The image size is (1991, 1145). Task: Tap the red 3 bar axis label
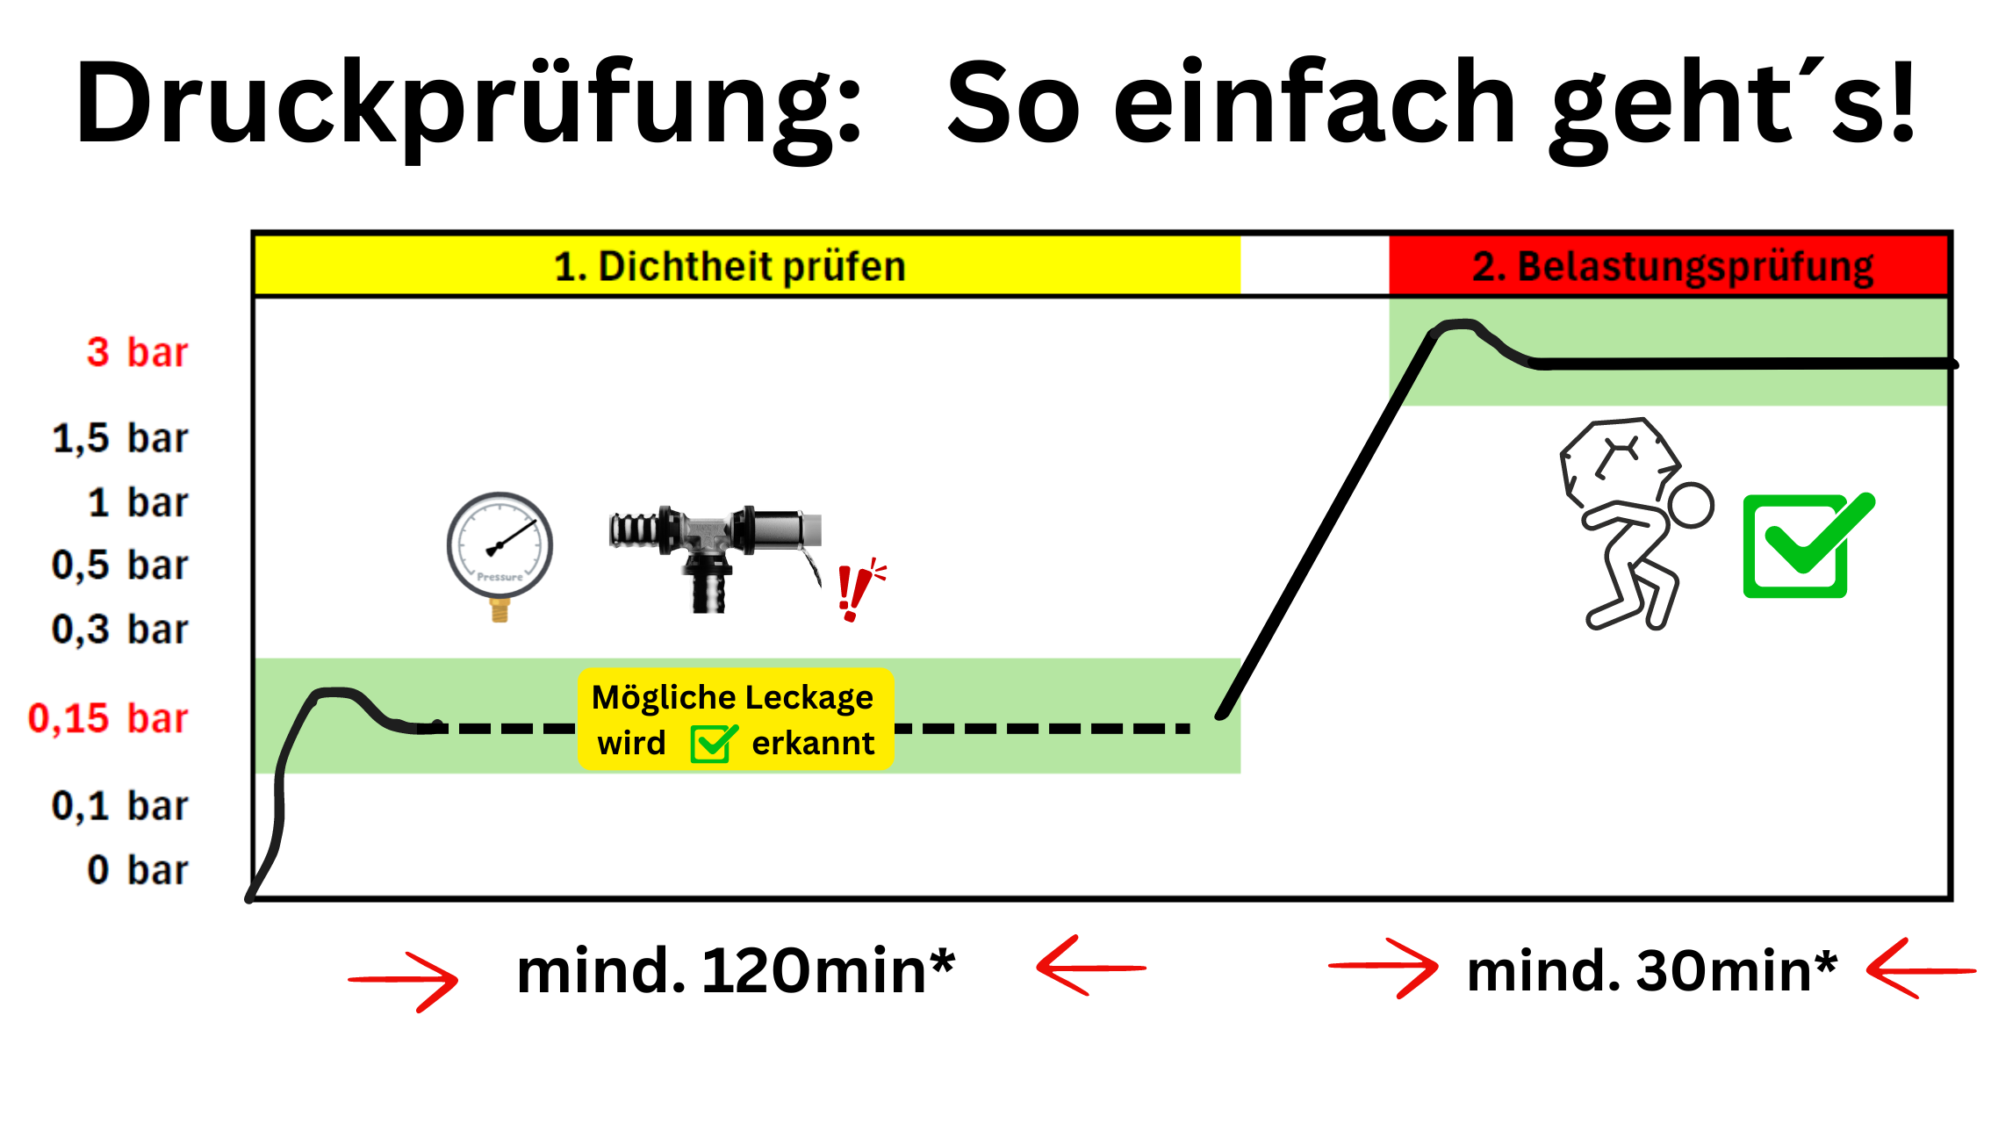click(137, 352)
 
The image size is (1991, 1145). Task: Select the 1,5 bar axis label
click(120, 438)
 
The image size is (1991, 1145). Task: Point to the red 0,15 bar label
click(108, 718)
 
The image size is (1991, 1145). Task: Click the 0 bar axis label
click(137, 870)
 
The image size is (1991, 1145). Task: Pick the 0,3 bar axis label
click(120, 630)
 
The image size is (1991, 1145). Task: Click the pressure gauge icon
click(500, 548)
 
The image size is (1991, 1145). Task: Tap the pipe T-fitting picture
click(713, 553)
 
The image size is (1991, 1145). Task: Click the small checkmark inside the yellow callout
click(711, 744)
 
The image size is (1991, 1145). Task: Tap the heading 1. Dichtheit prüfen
click(730, 267)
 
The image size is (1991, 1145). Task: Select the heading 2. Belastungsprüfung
click(1672, 267)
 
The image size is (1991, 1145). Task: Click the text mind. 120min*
click(735, 971)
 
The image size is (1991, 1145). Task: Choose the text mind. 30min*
click(1651, 971)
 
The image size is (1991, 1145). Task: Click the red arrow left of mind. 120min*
click(405, 980)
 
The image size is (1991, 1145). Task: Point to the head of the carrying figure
click(1690, 506)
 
